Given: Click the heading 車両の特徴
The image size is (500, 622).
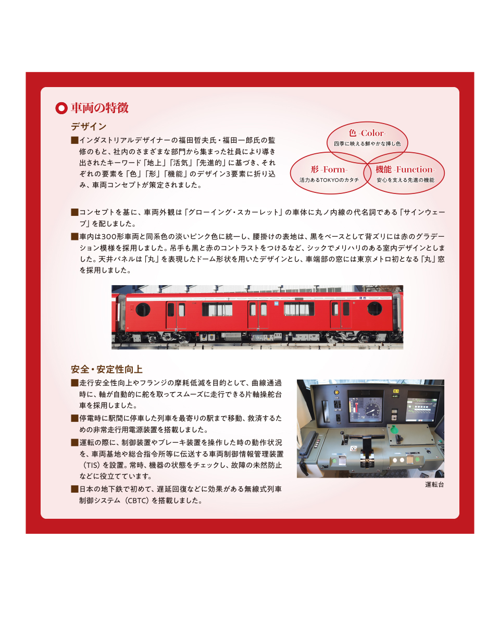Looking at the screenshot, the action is click(99, 108).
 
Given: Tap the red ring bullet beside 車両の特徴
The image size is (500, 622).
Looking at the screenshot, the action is click(61, 108).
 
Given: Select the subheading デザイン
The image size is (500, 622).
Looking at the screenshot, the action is click(89, 127).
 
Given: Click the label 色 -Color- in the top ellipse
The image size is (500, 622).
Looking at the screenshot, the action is click(367, 133).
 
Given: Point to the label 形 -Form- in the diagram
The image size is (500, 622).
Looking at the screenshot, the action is click(329, 169).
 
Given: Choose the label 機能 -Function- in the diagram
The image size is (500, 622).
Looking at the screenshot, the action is click(405, 169).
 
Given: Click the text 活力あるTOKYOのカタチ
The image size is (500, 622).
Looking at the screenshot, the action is click(329, 180).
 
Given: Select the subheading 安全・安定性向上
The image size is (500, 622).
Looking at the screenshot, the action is click(107, 369).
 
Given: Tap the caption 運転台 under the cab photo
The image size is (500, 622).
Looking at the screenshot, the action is click(434, 484).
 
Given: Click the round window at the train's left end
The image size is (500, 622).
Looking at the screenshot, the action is click(143, 309).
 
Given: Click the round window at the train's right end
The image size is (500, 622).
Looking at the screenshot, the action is click(374, 308).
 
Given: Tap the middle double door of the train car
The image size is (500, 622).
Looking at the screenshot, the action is click(258, 314).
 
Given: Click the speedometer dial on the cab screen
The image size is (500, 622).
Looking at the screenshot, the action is click(372, 408).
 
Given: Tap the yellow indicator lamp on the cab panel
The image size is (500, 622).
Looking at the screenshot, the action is click(336, 392).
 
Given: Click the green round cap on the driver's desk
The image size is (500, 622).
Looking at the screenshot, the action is click(393, 430).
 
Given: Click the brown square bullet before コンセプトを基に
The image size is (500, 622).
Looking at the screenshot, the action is click(74, 212).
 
